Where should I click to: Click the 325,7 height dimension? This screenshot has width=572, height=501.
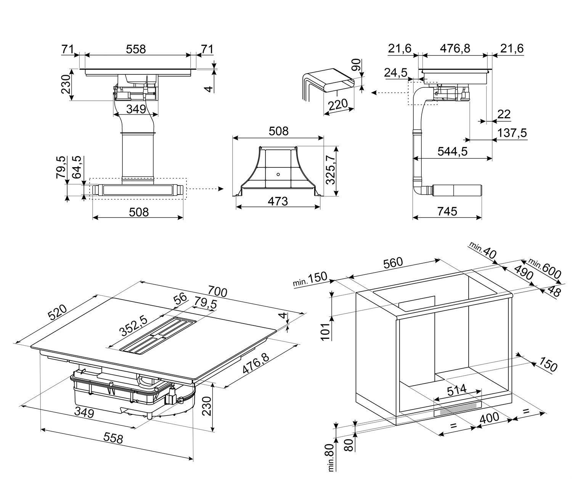(x=331, y=171)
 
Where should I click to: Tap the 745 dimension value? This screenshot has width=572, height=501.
(x=447, y=211)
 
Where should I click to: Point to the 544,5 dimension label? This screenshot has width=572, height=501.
(x=453, y=151)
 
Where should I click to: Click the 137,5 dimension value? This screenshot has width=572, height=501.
(x=512, y=133)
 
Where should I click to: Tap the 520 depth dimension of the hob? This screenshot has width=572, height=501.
(x=59, y=313)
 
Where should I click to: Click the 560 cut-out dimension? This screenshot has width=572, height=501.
(x=392, y=263)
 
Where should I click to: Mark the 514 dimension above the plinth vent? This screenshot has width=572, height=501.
(x=456, y=390)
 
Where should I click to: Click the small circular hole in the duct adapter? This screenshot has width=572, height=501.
(x=278, y=174)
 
